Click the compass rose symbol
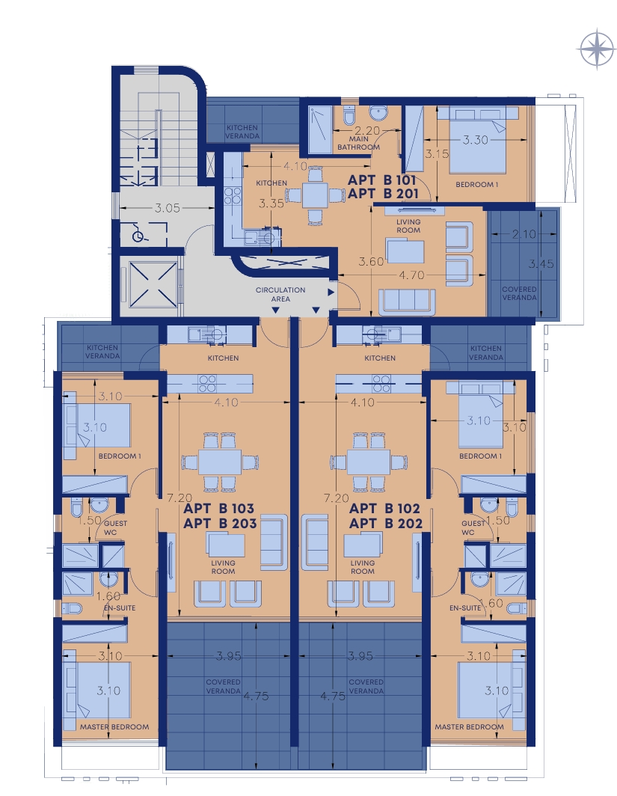point(598,49)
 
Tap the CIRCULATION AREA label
point(280,295)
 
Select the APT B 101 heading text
point(381,180)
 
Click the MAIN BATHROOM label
point(358,143)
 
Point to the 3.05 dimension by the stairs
point(167,208)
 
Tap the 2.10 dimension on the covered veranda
point(524,233)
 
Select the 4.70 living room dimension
point(411,275)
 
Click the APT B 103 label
point(218,508)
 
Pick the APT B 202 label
point(386,524)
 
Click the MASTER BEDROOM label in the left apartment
point(114,727)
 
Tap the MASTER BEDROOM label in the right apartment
point(470,727)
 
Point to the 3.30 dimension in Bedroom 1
point(475,140)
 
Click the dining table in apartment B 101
point(315,195)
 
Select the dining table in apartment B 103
point(220,462)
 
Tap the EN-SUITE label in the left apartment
point(120,607)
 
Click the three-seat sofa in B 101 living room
point(407,301)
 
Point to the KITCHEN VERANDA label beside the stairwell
point(242,132)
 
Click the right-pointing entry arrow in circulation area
point(331,293)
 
